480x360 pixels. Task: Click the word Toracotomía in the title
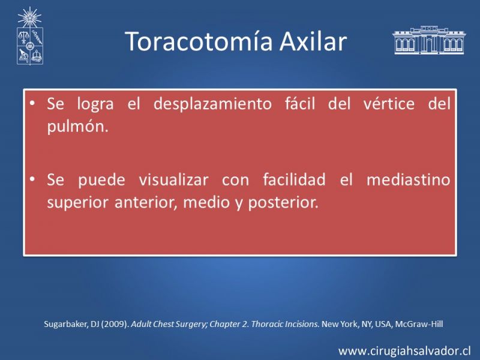[x=199, y=41]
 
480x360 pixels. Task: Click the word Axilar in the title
[x=313, y=41]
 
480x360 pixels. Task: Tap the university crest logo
[x=29, y=36]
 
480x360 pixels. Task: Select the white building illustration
[x=429, y=40]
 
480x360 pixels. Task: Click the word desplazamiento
[x=212, y=104]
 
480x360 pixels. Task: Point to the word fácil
[x=300, y=103]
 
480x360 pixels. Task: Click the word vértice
[x=389, y=103]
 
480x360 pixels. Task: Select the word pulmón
[x=78, y=127]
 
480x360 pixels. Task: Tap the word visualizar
[x=173, y=179]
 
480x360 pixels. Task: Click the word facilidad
[x=294, y=179]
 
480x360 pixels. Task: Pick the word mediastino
[x=409, y=179]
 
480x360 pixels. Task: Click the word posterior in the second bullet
[x=283, y=203]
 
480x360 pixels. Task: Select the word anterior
[x=146, y=203]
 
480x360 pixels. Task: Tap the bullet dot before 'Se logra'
[x=32, y=103]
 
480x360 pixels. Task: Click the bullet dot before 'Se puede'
[x=32, y=179]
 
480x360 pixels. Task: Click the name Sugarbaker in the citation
[x=66, y=324]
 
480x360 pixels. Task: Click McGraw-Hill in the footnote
[x=419, y=324]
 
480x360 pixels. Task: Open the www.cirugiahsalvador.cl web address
[x=404, y=351]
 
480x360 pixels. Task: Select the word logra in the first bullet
[x=95, y=104]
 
